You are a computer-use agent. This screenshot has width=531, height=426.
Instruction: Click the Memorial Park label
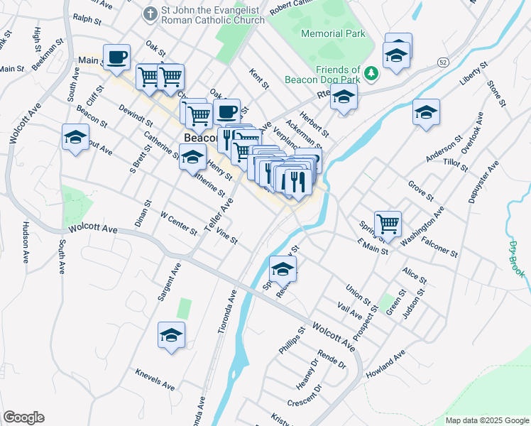pyautogui.click(x=333, y=33)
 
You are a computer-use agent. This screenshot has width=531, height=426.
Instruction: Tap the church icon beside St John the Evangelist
pyautogui.click(x=150, y=13)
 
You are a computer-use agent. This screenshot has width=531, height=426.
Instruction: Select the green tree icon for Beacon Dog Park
pyautogui.click(x=370, y=73)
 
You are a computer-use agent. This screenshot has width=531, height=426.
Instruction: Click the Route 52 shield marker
pyautogui.click(x=442, y=63)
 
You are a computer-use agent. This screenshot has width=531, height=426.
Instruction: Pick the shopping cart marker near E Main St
pyautogui.click(x=388, y=224)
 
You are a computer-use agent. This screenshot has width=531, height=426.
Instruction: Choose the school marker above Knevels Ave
pyautogui.click(x=171, y=334)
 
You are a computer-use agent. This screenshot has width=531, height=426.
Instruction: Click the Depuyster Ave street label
pyautogui.click(x=486, y=182)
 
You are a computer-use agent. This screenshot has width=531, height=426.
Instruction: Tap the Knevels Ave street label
pyautogui.click(x=155, y=379)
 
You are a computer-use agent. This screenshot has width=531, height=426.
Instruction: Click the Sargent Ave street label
pyautogui.click(x=169, y=282)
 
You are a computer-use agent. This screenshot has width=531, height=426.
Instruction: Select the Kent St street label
pyautogui.click(x=259, y=78)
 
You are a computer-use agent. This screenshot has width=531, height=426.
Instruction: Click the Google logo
pyautogui.click(x=23, y=417)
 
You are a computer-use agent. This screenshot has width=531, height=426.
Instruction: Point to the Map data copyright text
pyautogui.click(x=486, y=420)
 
